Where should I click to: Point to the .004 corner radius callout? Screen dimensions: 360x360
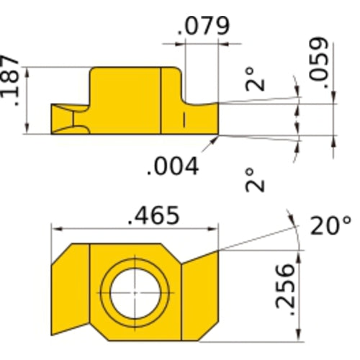click(x=172, y=166)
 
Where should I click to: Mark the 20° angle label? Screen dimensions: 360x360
click(x=330, y=226)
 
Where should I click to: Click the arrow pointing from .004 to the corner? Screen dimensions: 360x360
click(x=210, y=143)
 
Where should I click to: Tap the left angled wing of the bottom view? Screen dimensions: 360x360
click(x=70, y=292)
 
